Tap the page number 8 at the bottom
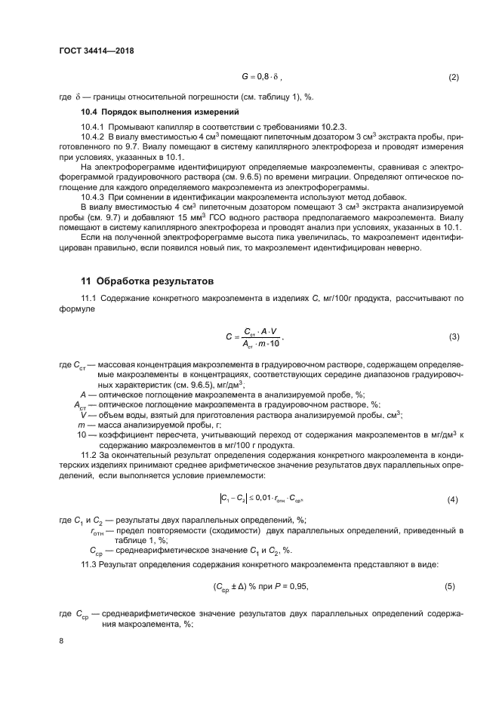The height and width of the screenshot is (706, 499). (x=61, y=641)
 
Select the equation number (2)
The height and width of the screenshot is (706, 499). (x=454, y=77)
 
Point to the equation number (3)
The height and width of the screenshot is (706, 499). (x=454, y=336)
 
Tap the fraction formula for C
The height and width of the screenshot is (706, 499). (x=257, y=336)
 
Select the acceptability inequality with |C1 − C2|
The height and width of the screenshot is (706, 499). (x=261, y=499)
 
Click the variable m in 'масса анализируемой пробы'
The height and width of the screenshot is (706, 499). (x=82, y=425)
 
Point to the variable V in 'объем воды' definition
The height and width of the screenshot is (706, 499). (x=83, y=415)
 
